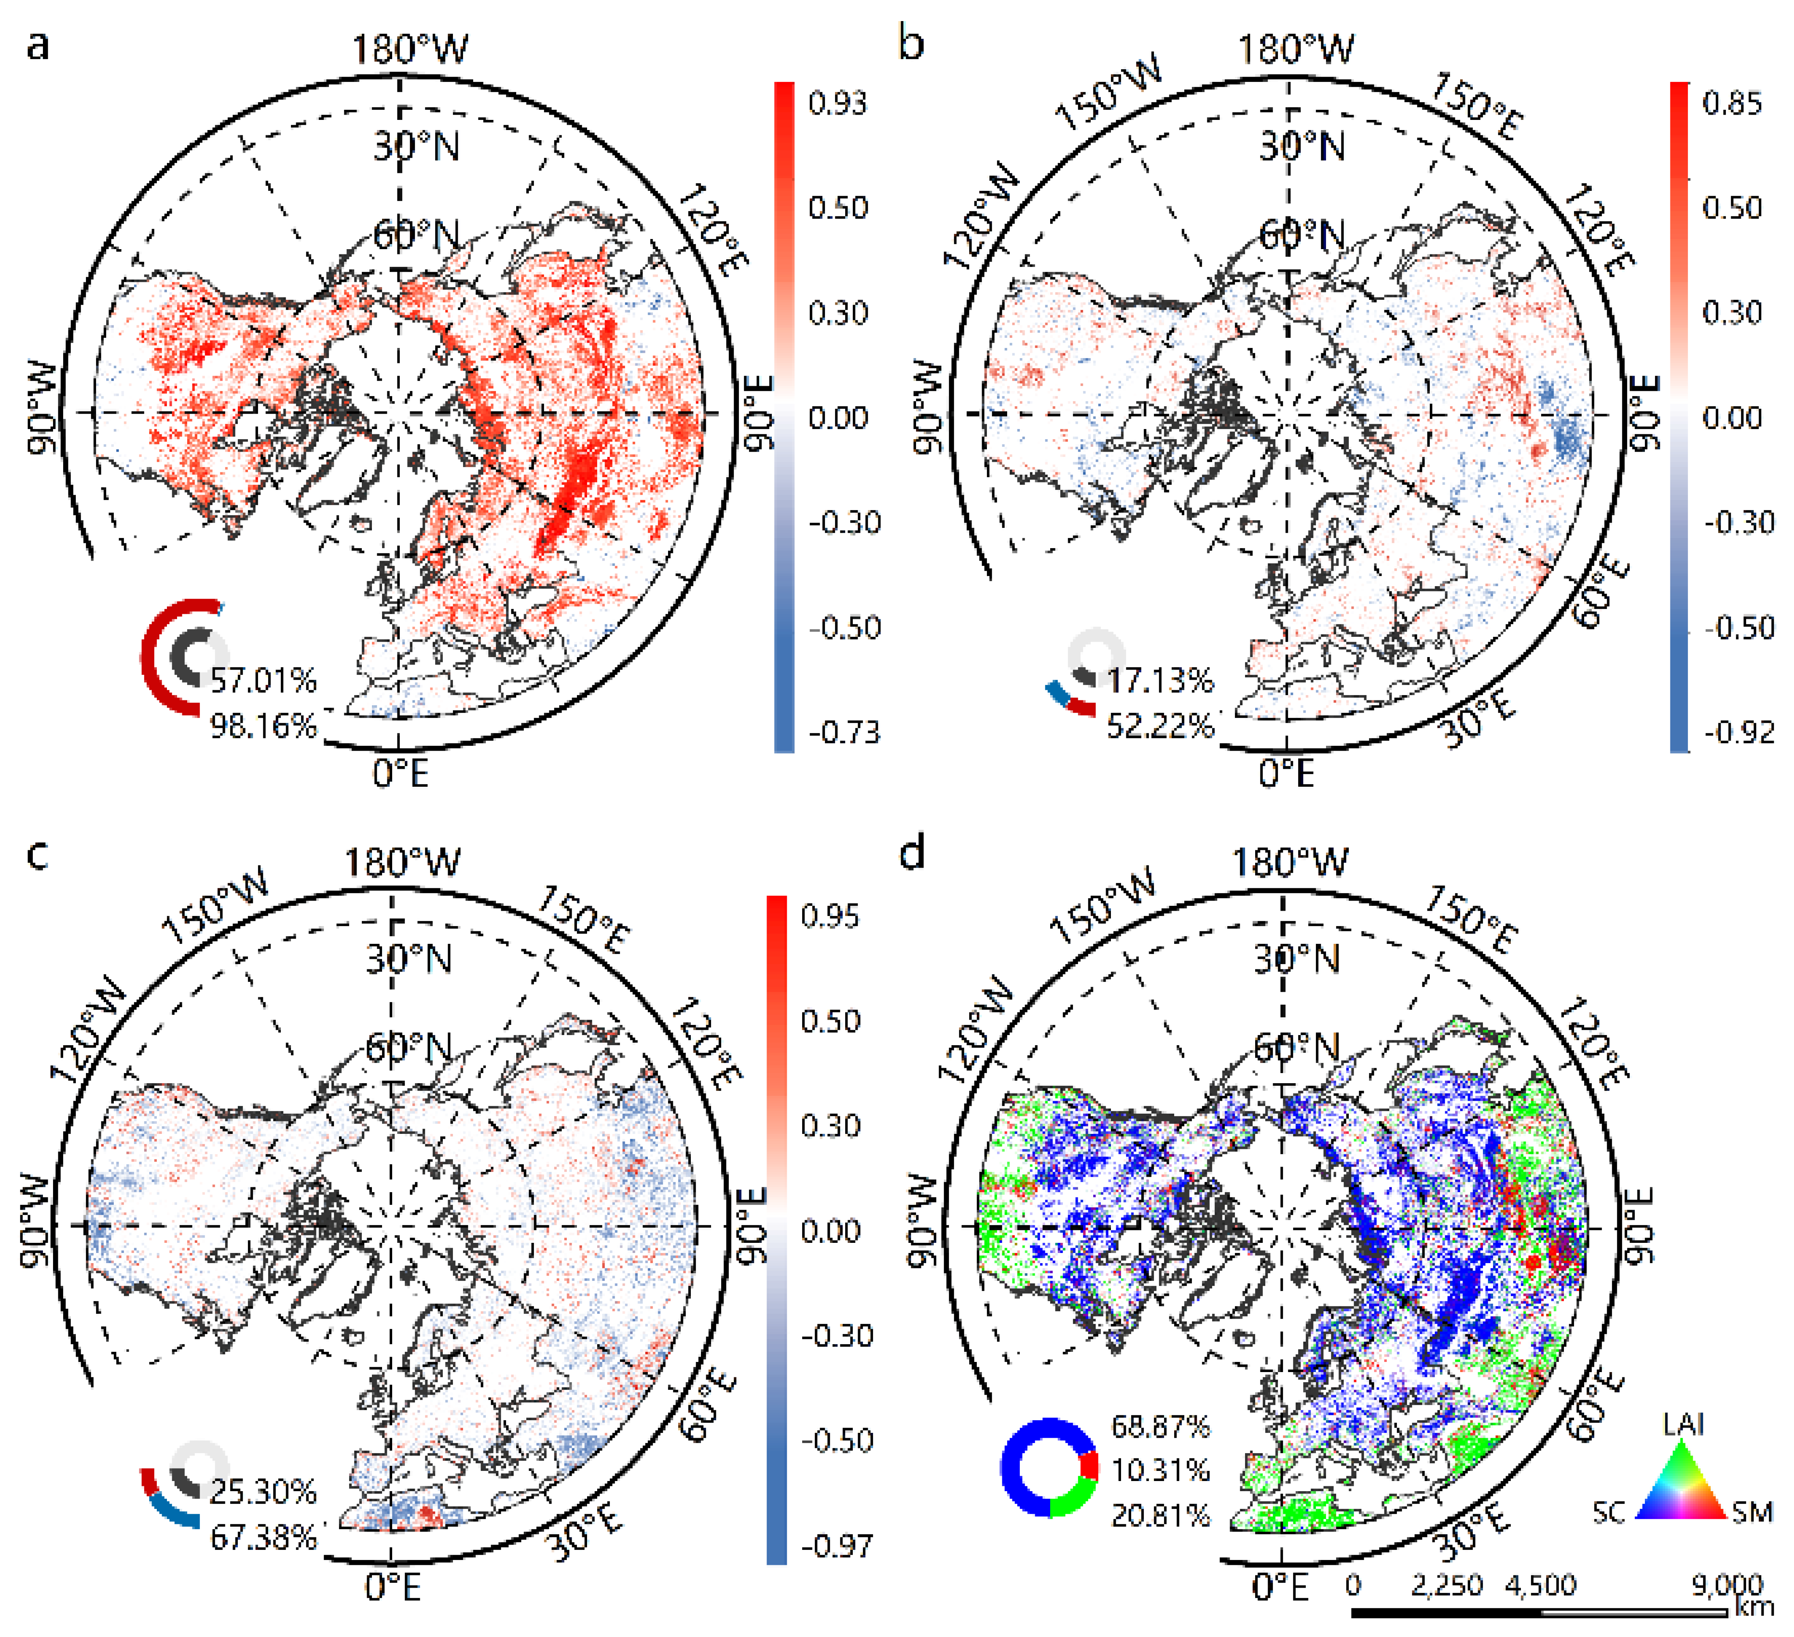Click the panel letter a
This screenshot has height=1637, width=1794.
pyautogui.click(x=37, y=45)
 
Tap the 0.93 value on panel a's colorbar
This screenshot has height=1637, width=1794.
pyautogui.click(x=837, y=103)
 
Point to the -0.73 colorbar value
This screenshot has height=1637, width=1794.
pyautogui.click(x=844, y=732)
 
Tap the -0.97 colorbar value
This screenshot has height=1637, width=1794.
pyautogui.click(x=837, y=1545)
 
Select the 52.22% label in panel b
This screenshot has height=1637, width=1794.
pyautogui.click(x=1160, y=726)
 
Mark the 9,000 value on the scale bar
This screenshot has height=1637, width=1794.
pyautogui.click(x=1726, y=1584)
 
